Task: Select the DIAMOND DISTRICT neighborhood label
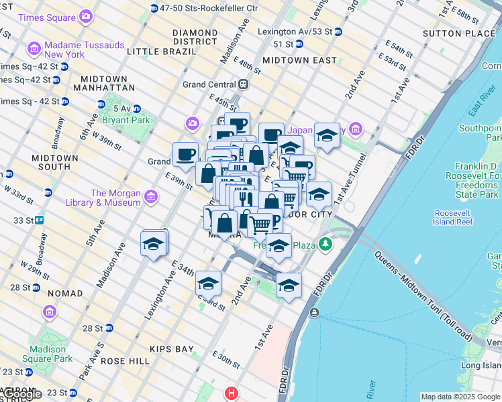[195, 37]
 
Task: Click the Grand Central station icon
[243, 84]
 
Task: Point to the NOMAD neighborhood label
[65, 293]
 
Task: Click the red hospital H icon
[232, 393]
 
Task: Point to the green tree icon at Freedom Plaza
[325, 244]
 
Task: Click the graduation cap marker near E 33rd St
[208, 283]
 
